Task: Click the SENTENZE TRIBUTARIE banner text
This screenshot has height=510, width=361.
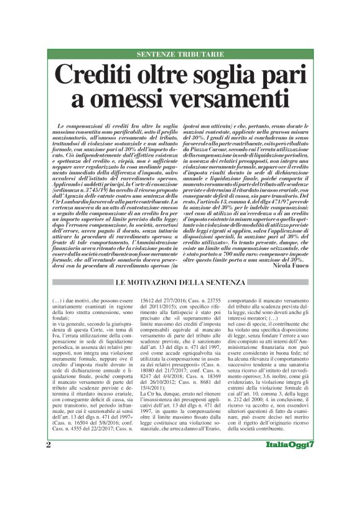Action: coord(179,54)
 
